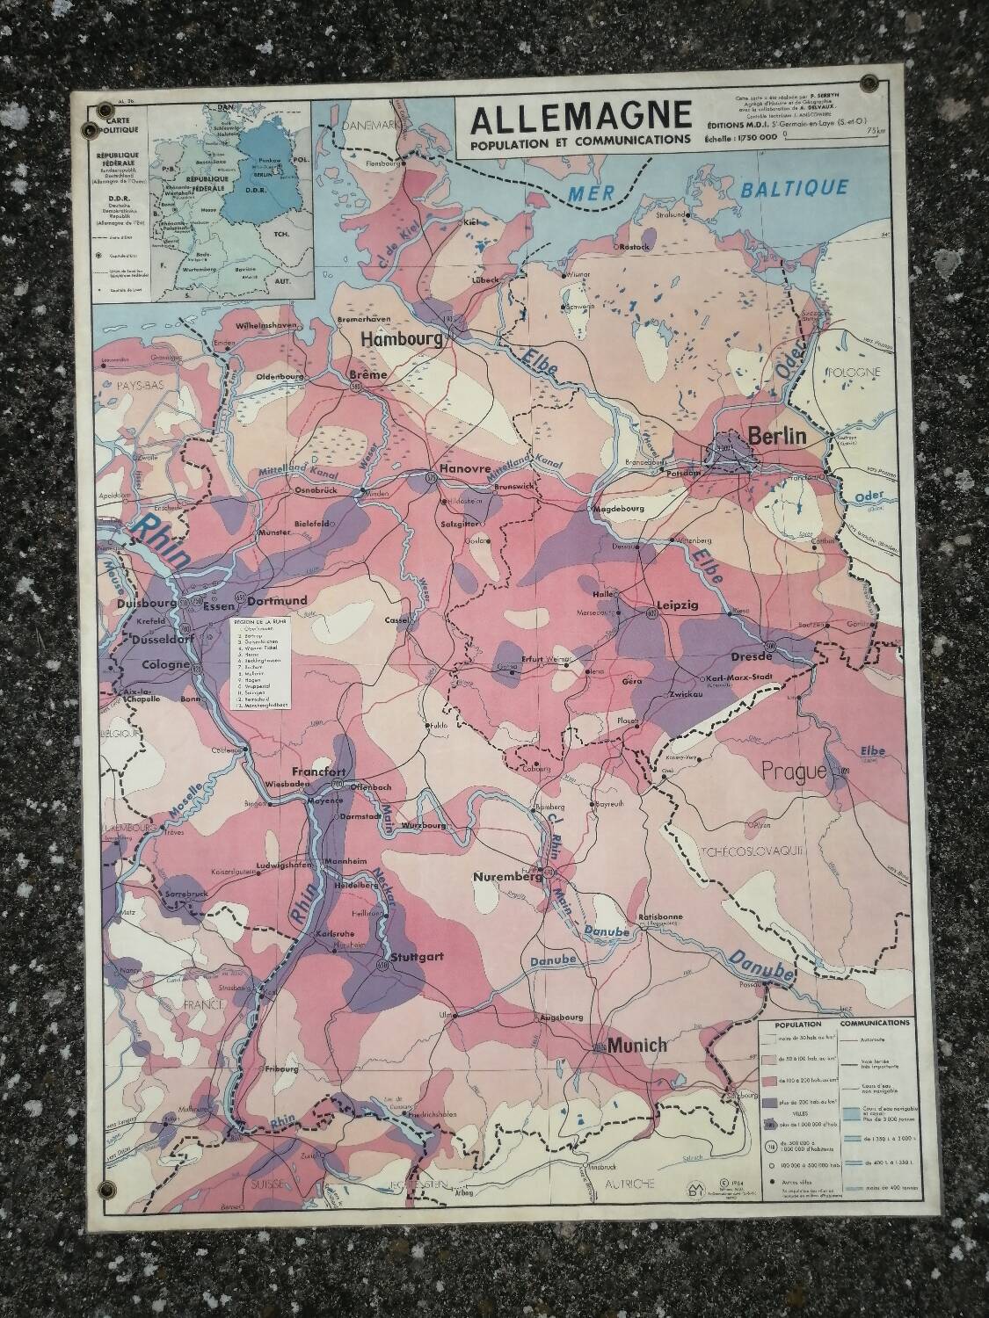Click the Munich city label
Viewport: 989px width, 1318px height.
[x=637, y=1046]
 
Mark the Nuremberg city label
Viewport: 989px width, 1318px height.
[x=505, y=877]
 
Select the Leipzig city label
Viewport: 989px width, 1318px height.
[x=677, y=605]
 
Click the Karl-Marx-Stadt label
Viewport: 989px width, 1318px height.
[x=758, y=678]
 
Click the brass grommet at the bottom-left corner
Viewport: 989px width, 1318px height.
[x=107, y=1190]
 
